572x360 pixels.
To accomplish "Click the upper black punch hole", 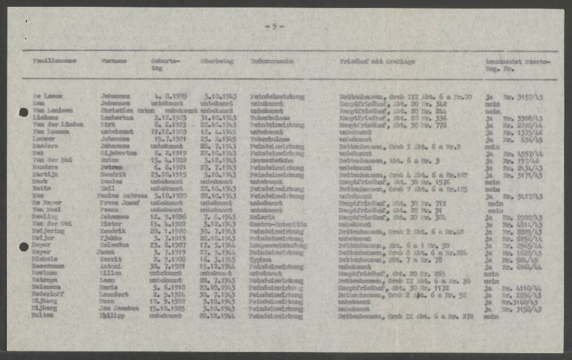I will tap(23, 113).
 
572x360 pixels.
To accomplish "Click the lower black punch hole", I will tap(23, 247).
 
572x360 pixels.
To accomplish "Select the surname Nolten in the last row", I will tap(43, 315).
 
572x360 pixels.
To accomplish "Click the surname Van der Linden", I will tap(57, 125).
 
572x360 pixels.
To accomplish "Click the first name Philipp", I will tap(112, 315).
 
